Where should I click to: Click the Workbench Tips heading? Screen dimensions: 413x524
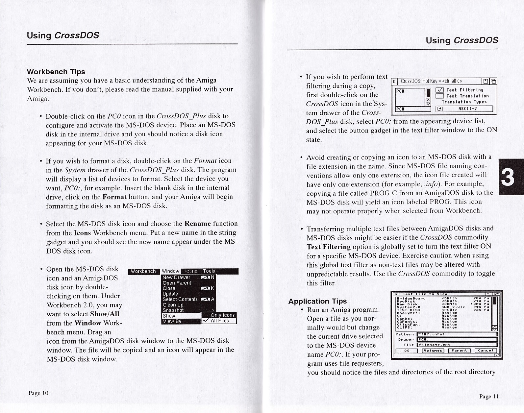tap(56, 72)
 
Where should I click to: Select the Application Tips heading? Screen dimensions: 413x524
tap(317, 301)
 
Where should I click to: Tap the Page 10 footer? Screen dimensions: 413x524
tap(38, 393)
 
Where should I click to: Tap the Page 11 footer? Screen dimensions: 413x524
tap(489, 396)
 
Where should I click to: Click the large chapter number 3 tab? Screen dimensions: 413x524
tap(508, 177)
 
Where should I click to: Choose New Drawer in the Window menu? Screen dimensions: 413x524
tap(176, 278)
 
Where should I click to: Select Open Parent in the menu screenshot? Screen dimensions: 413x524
tap(177, 283)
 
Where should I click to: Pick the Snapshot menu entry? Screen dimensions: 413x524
tap(173, 310)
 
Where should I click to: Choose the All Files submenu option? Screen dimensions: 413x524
tap(219, 321)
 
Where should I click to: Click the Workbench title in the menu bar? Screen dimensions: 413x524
tap(143, 271)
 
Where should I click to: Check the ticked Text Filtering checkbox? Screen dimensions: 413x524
tap(439, 90)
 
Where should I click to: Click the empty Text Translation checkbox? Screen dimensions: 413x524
tap(439, 96)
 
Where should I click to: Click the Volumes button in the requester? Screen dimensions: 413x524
tap(433, 351)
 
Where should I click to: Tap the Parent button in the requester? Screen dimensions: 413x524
tap(459, 351)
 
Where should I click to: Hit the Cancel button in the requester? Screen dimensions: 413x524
tap(485, 351)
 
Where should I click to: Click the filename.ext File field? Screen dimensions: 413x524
tap(457, 345)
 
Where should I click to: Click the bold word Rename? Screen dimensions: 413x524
tap(197, 224)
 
